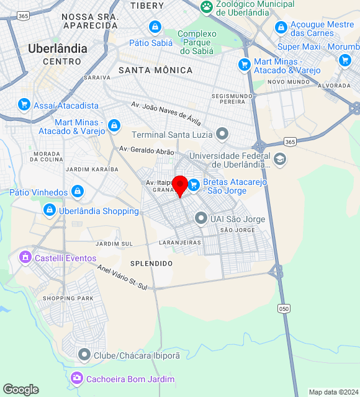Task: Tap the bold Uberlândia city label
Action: (x=58, y=48)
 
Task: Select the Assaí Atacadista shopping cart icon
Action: (x=24, y=105)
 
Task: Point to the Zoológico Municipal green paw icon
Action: (x=206, y=7)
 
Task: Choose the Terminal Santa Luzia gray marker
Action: (x=222, y=134)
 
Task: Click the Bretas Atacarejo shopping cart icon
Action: (x=194, y=185)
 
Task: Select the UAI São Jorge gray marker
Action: (x=200, y=218)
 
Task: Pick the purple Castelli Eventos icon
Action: (x=25, y=257)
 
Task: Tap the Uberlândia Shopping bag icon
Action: (x=49, y=211)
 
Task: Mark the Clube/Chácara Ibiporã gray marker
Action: (x=84, y=355)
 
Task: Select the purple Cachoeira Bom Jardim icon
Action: (x=77, y=378)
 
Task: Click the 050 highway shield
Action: (x=284, y=308)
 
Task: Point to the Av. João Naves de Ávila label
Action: (x=166, y=114)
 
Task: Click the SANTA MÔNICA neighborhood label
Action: (x=155, y=70)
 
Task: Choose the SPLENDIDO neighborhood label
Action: (x=151, y=264)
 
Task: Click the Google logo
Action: (x=20, y=389)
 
